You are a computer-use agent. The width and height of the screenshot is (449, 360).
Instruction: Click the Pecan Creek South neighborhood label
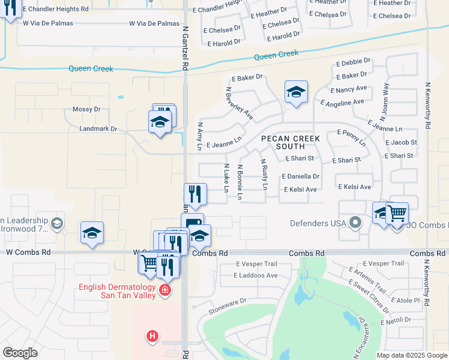click(x=290, y=142)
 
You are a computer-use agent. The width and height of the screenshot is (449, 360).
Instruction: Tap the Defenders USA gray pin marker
click(x=355, y=223)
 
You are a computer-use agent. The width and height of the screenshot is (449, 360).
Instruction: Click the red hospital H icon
click(x=152, y=336)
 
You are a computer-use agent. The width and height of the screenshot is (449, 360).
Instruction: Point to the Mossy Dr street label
click(x=86, y=109)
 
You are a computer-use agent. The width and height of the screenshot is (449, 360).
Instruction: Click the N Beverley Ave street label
click(x=239, y=103)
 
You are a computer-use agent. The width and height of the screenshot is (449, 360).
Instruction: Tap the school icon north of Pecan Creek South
click(x=296, y=92)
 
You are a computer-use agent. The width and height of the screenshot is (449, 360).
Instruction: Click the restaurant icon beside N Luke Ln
click(x=194, y=194)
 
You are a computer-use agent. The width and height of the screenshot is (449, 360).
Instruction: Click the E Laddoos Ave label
click(x=256, y=275)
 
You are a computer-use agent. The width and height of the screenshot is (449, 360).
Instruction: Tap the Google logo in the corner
click(x=20, y=353)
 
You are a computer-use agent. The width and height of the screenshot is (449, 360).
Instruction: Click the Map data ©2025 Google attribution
click(x=411, y=355)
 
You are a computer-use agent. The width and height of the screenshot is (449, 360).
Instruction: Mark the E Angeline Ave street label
click(x=342, y=103)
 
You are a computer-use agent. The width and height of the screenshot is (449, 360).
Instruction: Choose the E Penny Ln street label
click(x=352, y=137)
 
